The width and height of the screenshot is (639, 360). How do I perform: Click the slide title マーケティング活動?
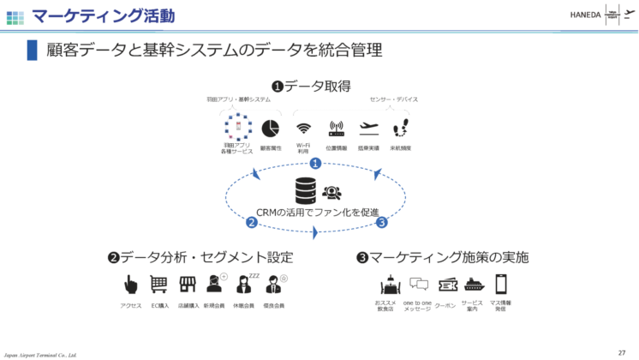coord(103,15)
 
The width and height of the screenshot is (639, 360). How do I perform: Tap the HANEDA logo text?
coord(587,15)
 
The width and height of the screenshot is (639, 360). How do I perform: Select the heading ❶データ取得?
coord(312,86)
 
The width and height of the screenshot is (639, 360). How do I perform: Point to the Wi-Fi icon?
coord(303,129)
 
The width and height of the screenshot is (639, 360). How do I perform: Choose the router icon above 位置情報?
coord(336,129)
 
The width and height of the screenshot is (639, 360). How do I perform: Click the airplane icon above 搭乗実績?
coord(369,129)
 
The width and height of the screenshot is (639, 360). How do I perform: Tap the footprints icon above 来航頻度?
coord(400,129)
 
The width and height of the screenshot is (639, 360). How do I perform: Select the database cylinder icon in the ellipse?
coord(306,190)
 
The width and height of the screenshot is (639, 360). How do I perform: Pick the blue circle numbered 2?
coord(252,223)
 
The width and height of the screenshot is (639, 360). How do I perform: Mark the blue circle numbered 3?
coord(382,223)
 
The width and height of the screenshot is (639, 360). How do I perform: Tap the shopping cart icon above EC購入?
coord(158,285)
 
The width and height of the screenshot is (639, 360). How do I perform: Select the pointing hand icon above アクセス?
coord(131,285)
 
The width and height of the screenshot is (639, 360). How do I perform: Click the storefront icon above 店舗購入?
coord(188,285)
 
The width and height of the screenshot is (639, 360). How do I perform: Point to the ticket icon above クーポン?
coord(447,285)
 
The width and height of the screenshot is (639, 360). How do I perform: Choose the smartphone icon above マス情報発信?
coord(501,284)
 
